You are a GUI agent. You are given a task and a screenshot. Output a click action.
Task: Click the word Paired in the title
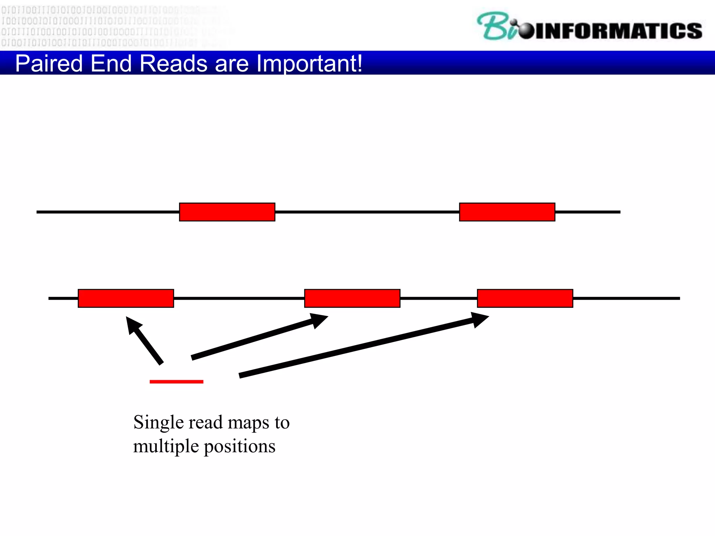[x=49, y=64]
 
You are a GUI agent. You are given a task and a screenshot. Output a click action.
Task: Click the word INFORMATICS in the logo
[x=618, y=31]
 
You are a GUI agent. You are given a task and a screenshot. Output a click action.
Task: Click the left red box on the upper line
[x=227, y=212]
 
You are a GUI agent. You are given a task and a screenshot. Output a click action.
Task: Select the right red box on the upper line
[x=507, y=212]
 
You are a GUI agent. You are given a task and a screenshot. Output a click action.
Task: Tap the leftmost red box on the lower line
[x=126, y=298]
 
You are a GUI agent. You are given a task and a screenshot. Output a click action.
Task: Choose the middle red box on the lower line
[x=352, y=298]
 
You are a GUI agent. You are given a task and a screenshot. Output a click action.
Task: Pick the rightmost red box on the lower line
[x=525, y=298]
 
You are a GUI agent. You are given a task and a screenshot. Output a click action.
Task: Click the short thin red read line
[x=176, y=382]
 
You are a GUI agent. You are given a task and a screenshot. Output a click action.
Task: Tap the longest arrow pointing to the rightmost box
[x=363, y=345]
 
